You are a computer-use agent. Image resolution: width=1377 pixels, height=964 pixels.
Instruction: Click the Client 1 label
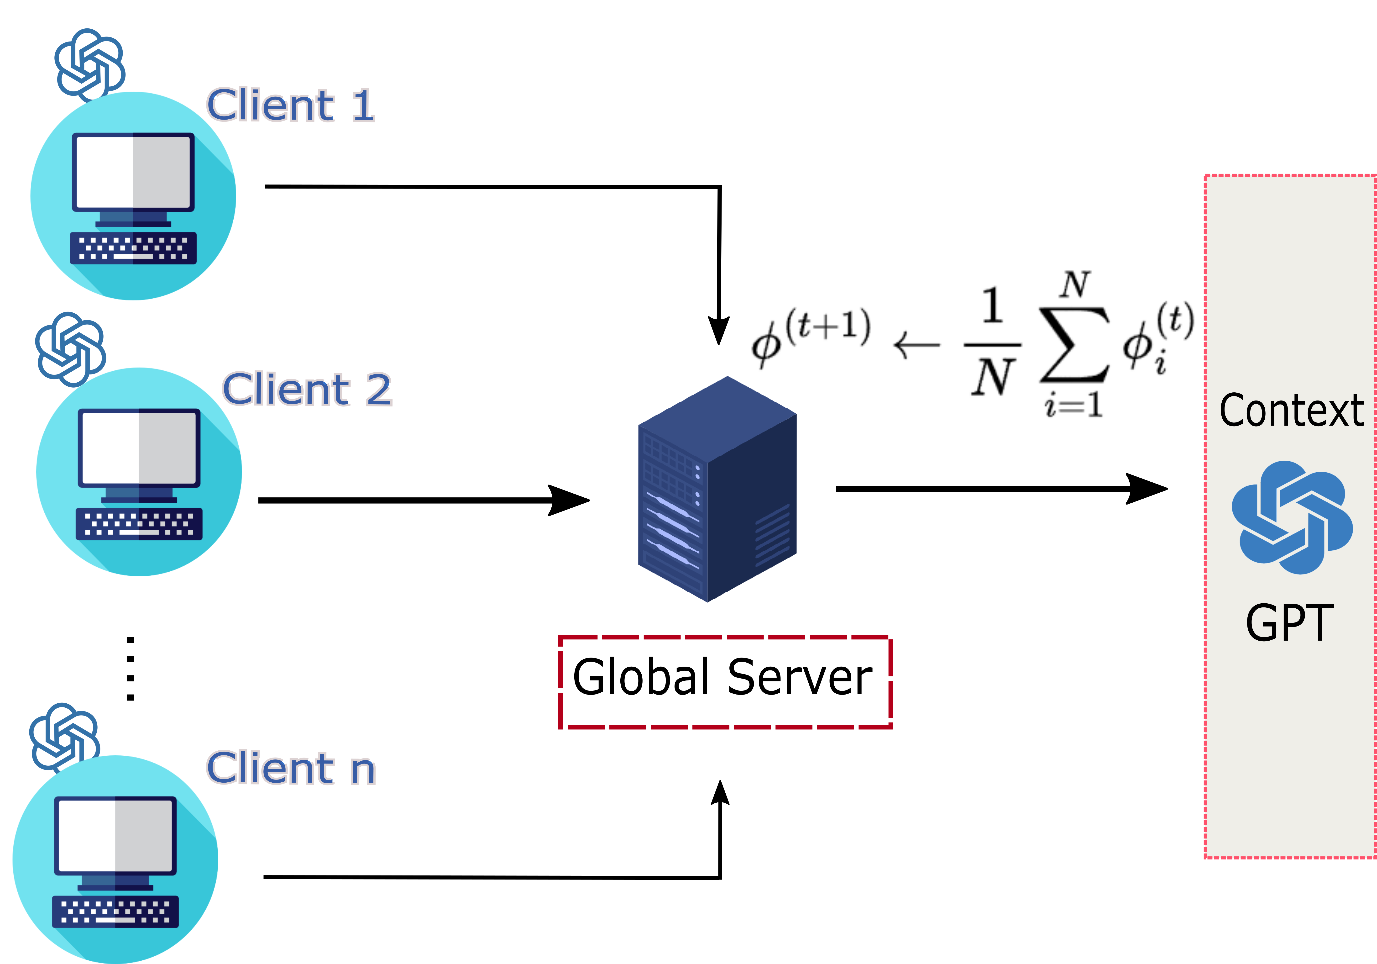click(x=290, y=105)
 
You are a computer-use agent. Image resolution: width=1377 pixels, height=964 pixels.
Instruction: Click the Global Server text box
click(x=725, y=681)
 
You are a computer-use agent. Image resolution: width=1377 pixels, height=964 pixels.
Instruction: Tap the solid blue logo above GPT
click(x=1292, y=517)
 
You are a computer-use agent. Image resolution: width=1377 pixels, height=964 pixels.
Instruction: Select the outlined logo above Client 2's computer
click(x=70, y=348)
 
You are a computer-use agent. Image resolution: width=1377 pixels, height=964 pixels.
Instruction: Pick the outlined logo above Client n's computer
click(x=64, y=737)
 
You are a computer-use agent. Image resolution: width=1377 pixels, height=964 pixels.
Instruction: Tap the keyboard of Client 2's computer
click(x=139, y=524)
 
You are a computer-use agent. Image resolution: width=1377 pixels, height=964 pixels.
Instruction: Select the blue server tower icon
click(x=717, y=489)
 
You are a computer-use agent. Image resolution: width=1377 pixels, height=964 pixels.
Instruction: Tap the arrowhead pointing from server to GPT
click(x=1147, y=489)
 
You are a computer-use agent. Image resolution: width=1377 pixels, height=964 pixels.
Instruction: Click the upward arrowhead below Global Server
click(x=720, y=793)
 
